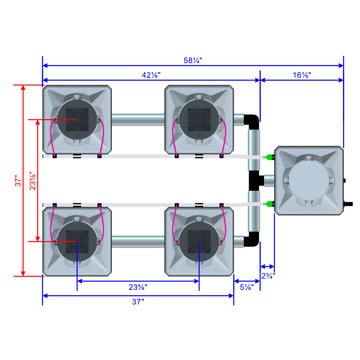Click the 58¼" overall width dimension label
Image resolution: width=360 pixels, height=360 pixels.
(x=193, y=60)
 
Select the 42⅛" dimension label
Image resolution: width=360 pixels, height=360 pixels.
(x=151, y=75)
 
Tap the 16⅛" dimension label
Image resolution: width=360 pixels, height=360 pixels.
(x=302, y=75)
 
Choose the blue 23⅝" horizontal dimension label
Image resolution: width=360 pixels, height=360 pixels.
(x=138, y=287)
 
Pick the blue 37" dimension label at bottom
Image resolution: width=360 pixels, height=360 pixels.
(x=138, y=302)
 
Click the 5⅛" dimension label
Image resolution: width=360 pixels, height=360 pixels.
(x=247, y=287)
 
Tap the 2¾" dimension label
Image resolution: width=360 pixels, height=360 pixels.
(x=268, y=275)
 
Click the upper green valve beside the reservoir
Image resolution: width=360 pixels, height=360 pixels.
(x=268, y=156)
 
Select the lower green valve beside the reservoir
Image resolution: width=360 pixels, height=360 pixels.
(x=268, y=204)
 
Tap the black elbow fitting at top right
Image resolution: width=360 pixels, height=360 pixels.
(x=252, y=121)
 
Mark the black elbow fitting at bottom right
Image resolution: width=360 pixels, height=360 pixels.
(x=252, y=239)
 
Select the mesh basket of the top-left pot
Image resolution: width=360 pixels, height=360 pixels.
(x=77, y=120)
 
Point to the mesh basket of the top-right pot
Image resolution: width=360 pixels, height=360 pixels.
(x=199, y=120)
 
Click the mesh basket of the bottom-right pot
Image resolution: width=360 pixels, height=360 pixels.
(x=199, y=242)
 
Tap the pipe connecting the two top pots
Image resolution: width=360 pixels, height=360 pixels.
(x=138, y=119)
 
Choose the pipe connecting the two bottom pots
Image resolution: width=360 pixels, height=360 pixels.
(x=138, y=242)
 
